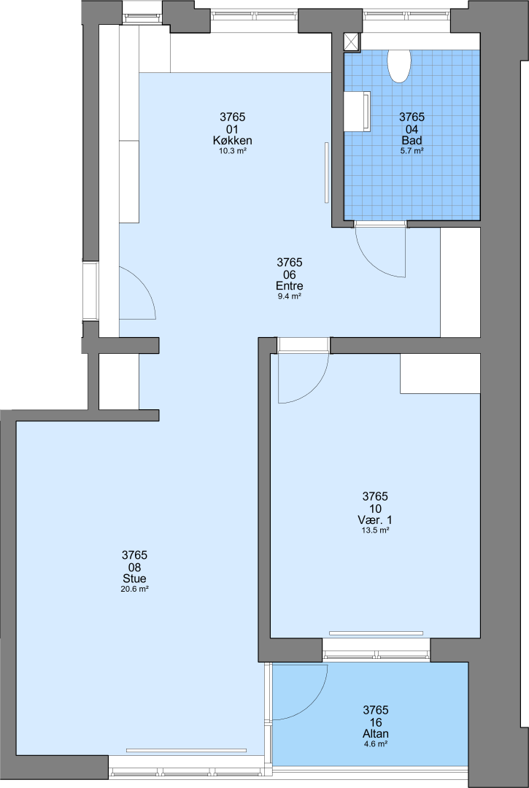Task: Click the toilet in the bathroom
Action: pos(399,66)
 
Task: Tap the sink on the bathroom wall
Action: pos(358,112)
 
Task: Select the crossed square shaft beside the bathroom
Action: pos(352,42)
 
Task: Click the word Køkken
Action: pos(232,140)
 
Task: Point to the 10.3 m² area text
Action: pos(232,151)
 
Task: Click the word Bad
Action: pos(412,140)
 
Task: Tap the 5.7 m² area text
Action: pos(412,151)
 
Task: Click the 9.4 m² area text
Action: pos(290,296)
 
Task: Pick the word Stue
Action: pos(134,579)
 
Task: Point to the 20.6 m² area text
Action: pos(134,590)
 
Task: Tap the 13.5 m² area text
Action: pos(375,530)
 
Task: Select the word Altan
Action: pos(375,734)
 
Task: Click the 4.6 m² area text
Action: pos(375,744)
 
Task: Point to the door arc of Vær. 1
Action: pos(314,390)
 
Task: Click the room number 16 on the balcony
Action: pos(375,722)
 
